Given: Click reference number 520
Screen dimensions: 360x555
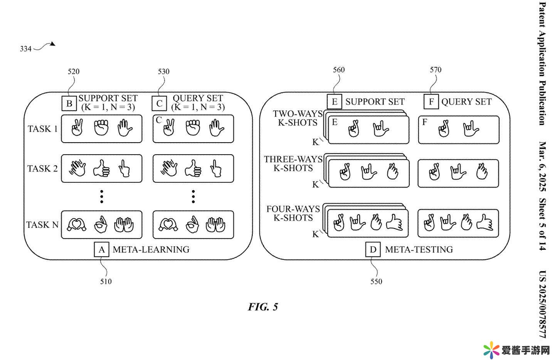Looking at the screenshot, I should point(74,71).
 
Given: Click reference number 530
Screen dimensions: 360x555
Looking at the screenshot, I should point(164,71).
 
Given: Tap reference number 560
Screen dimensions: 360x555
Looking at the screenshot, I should point(339,70).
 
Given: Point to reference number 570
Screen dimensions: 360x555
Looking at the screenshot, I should point(436,70).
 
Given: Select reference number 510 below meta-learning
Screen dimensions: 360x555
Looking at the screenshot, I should point(106,281).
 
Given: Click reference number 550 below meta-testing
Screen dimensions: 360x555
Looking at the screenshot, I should point(376,281).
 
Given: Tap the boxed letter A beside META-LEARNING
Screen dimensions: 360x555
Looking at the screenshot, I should point(101,249).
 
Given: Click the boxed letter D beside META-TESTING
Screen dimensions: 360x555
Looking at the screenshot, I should point(373,249).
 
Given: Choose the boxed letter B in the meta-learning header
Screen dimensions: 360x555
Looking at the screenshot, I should point(69,103).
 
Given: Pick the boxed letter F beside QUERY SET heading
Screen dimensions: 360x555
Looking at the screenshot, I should point(431,102).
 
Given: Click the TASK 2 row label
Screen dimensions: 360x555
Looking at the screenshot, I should point(42,168).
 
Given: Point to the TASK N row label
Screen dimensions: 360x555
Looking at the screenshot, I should point(42,225).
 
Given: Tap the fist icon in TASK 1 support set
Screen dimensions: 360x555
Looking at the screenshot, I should point(101,128).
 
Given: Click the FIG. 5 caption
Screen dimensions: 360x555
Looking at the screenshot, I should point(263,307).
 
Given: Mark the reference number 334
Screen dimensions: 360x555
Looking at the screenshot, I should point(25,49).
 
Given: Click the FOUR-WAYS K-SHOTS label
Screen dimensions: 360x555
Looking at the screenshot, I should point(293,214).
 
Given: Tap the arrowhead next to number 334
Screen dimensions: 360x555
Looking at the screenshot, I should point(53,44).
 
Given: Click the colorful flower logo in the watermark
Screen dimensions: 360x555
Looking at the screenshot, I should point(491,350).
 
